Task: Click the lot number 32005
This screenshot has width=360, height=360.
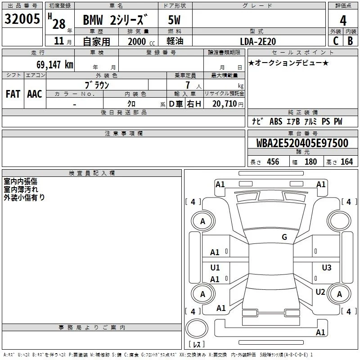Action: click(22, 19)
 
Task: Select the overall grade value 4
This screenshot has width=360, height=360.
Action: click(343, 21)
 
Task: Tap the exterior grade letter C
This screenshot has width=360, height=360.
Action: click(336, 41)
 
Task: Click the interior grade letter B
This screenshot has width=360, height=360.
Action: click(350, 41)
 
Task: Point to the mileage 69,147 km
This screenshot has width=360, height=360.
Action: click(55, 64)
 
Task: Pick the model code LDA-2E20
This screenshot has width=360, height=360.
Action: click(258, 41)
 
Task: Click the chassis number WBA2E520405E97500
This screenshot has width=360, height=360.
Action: click(302, 143)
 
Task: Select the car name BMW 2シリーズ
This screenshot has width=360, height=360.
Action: click(115, 20)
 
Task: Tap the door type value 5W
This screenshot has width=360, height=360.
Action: click(174, 20)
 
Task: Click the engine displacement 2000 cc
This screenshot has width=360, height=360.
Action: click(141, 41)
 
